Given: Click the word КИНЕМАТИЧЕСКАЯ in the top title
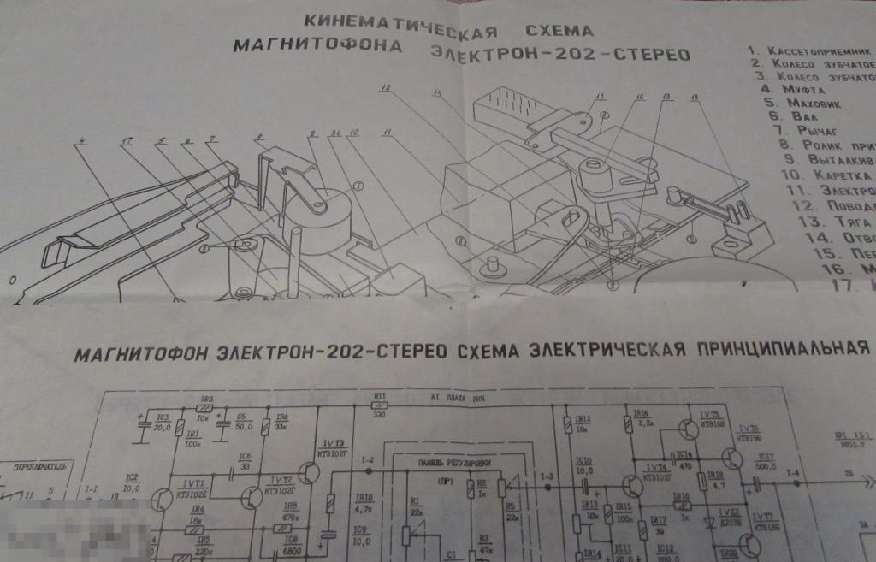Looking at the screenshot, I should click(397, 22).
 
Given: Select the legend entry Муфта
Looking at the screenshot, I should click(796, 89).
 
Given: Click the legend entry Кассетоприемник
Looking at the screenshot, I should click(818, 50).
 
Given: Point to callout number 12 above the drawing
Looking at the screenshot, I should click(386, 87).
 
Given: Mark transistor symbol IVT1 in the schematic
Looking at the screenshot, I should click(162, 500).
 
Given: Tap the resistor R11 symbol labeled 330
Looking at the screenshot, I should click(380, 409).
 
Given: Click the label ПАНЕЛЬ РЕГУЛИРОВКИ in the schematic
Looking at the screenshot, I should click(442, 462).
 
